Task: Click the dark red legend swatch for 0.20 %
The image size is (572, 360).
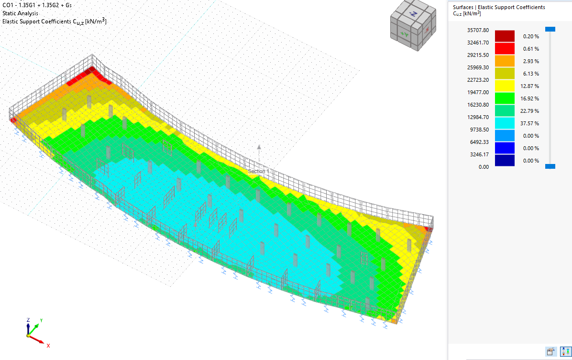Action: pos(505,36)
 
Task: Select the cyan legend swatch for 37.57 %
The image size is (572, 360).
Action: pos(505,123)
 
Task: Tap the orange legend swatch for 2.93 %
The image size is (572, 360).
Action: pos(505,61)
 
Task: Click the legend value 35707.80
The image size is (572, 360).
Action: pos(464,30)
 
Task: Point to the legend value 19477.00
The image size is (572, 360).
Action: pos(464,92)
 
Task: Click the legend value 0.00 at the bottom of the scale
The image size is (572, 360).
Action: pos(471,167)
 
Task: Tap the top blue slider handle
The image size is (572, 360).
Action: pos(550,29)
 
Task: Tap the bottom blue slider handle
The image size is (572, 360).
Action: pos(550,166)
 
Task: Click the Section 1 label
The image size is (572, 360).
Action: pos(258,171)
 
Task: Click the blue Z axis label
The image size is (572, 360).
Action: pos(28,320)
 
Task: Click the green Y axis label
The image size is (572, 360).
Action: pos(42,320)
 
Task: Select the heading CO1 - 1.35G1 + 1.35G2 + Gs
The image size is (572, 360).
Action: pos(37,5)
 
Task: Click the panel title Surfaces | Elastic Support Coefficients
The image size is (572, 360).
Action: pos(499,7)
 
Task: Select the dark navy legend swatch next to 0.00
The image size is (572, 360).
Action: pos(505,161)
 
